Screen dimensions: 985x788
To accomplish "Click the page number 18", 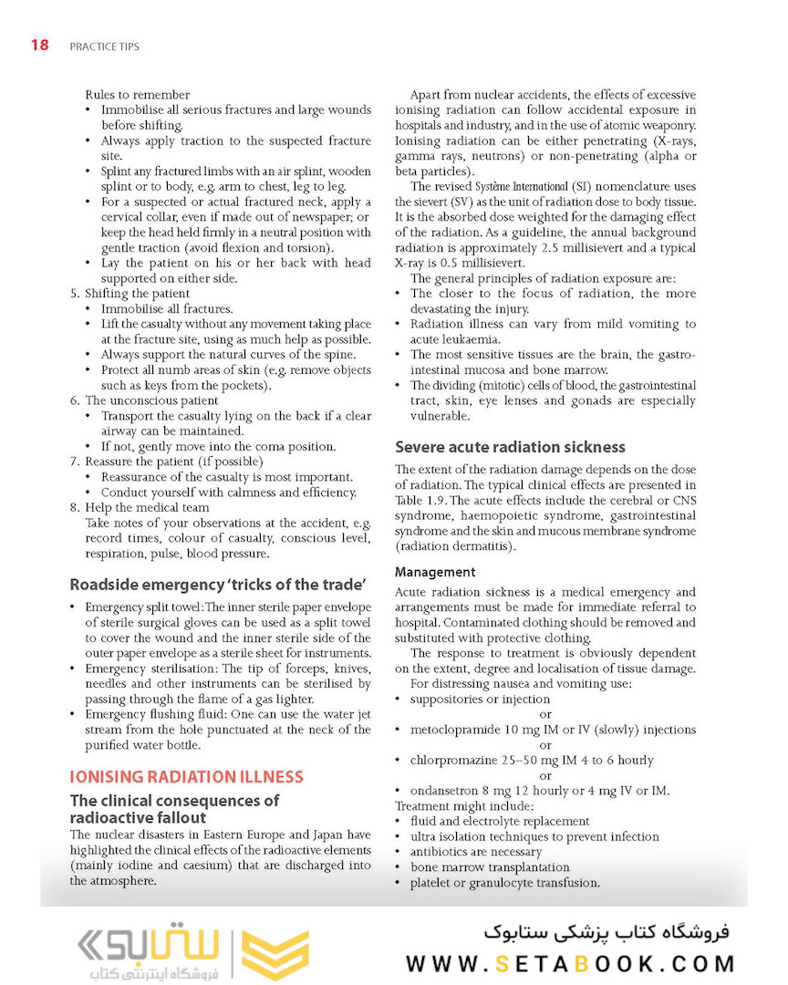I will coord(39,45).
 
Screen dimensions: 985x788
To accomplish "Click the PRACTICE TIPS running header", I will coord(104,46).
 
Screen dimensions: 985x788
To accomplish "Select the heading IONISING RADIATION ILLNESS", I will coord(186,777).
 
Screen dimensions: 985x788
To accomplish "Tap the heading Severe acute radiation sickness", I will coord(510,447).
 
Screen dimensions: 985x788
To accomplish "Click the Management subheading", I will coord(435,572).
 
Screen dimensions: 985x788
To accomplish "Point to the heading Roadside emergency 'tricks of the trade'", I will coord(218,584).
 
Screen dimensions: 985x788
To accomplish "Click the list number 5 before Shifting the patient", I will coord(74,294).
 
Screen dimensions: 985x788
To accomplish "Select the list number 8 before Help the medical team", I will coord(74,507).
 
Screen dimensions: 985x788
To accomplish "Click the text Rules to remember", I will coord(137,95).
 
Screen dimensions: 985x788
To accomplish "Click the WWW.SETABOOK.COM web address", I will coord(570,963).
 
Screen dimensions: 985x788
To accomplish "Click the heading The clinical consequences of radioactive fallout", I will coord(174,809).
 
